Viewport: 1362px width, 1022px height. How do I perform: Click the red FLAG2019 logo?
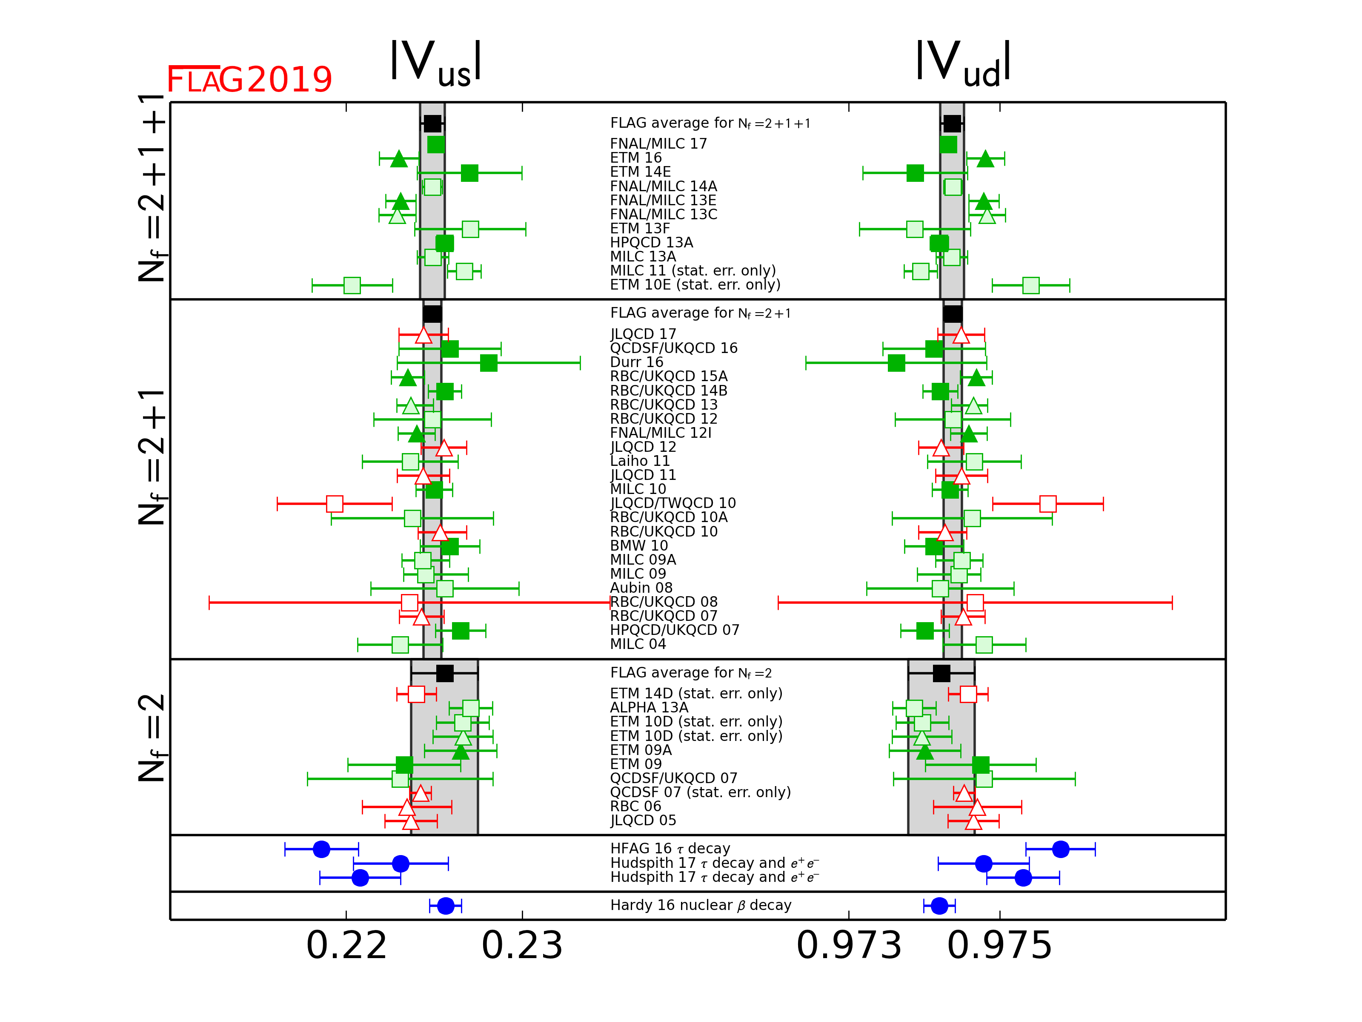249,80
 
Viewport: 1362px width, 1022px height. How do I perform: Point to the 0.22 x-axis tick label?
346,946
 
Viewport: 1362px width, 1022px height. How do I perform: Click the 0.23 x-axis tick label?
522,946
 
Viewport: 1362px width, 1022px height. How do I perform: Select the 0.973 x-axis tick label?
849,946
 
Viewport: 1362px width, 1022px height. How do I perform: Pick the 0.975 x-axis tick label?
1000,946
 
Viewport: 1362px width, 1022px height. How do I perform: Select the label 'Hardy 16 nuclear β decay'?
701,905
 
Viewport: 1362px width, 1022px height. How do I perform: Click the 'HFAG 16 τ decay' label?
670,848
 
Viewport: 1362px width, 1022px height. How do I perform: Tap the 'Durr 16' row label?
637,362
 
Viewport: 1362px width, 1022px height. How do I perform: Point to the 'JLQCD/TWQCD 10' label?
673,503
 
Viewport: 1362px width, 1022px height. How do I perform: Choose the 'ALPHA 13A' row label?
649,708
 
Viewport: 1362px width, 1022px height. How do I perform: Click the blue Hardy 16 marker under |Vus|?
446,906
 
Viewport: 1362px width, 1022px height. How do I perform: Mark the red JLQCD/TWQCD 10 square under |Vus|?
335,504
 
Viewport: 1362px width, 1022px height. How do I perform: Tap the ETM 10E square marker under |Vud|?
1031,285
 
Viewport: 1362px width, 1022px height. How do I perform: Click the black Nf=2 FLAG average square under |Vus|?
444,673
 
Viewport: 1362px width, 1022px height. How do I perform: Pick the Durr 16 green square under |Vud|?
896,363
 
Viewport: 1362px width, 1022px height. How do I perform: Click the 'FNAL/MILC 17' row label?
658,144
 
